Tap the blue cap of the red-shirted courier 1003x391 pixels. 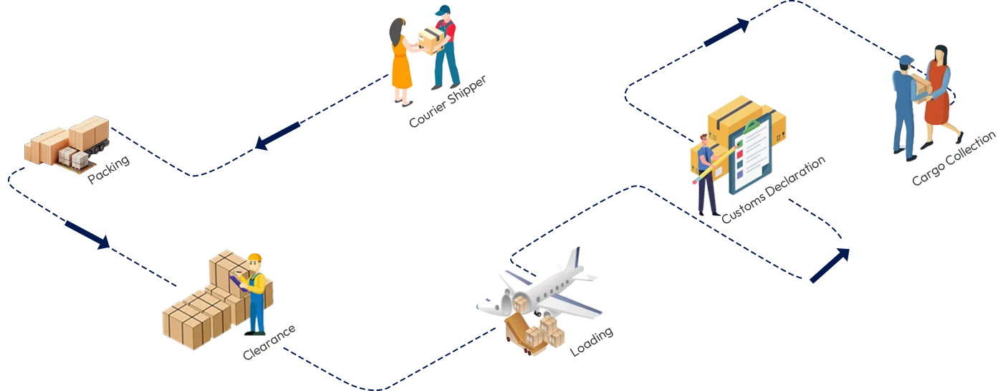click(x=444, y=11)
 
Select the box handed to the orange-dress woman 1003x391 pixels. click(x=428, y=41)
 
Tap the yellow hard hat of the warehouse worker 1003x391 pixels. click(x=254, y=259)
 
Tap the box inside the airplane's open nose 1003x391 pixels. click(x=520, y=305)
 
